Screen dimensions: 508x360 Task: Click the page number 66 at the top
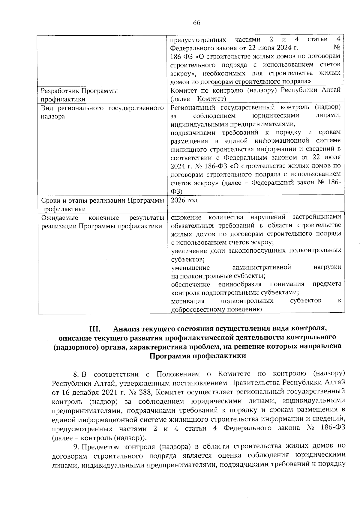tap(196, 23)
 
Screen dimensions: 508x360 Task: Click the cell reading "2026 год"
tap(184, 200)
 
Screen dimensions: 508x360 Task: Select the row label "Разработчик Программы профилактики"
tap(79, 95)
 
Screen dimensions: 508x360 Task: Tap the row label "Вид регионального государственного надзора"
tap(102, 112)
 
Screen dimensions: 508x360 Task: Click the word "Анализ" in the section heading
tap(127, 329)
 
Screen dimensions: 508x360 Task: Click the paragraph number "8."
tap(76, 374)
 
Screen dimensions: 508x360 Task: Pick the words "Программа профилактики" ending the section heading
tap(198, 356)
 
